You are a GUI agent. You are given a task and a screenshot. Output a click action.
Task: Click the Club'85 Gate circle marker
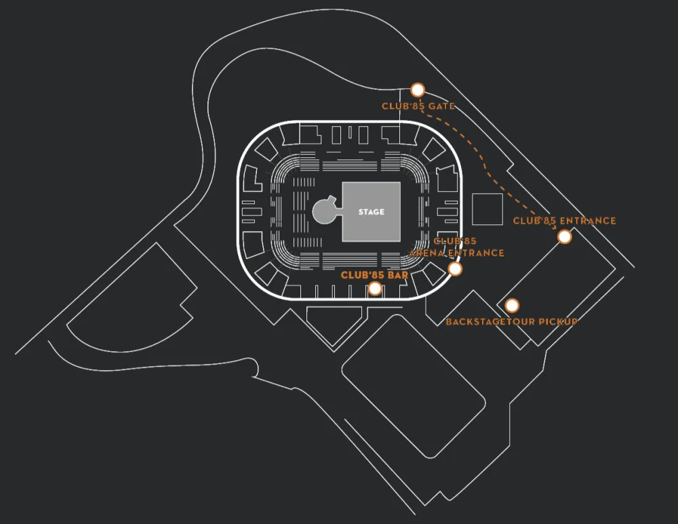pos(418,89)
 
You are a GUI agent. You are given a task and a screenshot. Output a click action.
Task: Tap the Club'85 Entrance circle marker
pos(564,237)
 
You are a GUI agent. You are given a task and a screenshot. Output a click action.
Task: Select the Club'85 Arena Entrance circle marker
pos(456,269)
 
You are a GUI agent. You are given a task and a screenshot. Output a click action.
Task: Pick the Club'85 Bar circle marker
pos(374,289)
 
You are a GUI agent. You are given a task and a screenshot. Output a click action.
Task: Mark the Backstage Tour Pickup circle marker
pos(512,306)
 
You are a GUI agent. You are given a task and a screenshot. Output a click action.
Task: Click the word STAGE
pos(371,212)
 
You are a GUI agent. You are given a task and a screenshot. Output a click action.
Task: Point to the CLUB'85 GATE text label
pos(418,106)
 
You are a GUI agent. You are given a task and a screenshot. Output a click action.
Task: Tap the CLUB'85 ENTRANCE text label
pos(564,221)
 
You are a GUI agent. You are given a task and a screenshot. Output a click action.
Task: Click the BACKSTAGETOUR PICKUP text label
pos(511,321)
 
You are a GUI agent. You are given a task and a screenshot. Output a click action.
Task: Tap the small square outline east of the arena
pos(487,209)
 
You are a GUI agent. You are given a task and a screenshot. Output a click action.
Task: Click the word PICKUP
pos(557,321)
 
